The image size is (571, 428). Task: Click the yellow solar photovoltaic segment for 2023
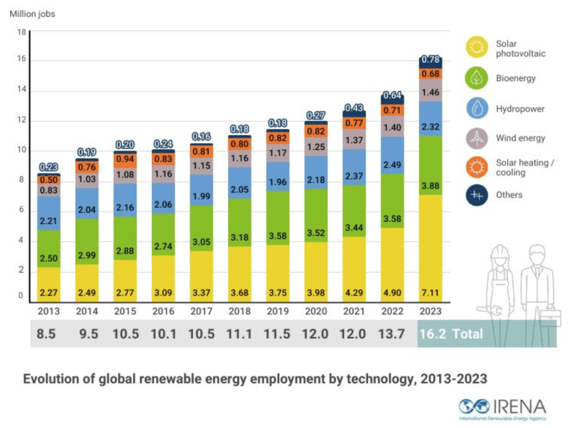tap(430, 247)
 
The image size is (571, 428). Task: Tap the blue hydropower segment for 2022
tap(393, 155)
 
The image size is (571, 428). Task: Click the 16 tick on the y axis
tap(21, 60)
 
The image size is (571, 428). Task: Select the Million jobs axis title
tap(32, 14)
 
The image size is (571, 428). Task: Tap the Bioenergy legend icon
tap(476, 78)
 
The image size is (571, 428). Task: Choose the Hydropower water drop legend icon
tap(476, 108)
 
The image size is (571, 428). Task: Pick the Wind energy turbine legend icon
tap(476, 138)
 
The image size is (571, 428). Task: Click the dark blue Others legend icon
tap(476, 195)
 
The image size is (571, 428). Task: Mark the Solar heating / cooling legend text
tap(519, 167)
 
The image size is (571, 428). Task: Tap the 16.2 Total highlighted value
tap(450, 334)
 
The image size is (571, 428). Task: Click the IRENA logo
tap(502, 407)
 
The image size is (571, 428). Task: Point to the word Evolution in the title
tap(52, 379)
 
